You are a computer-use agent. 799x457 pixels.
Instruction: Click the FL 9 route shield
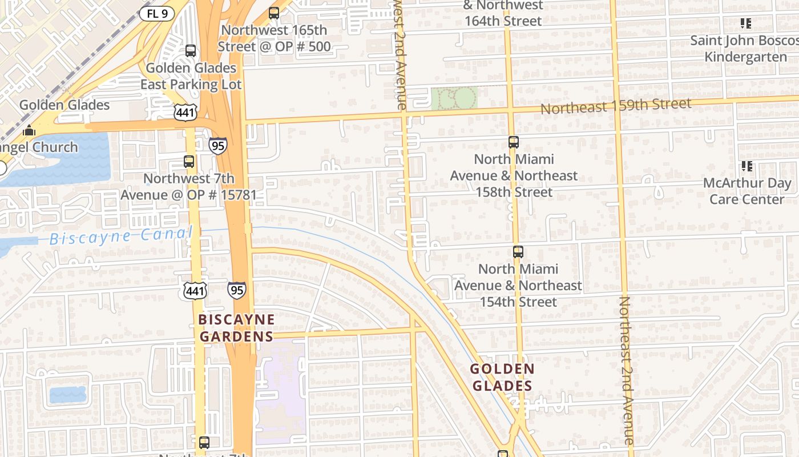[156, 13]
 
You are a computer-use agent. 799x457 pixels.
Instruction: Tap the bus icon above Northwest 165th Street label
[274, 13]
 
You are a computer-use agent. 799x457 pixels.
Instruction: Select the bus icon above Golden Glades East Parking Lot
[191, 50]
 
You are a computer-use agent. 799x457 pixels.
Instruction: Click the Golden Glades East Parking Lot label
[191, 76]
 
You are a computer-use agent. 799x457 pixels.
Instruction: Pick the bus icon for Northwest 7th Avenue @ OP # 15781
[189, 161]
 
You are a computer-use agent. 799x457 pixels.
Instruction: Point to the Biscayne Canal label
[121, 236]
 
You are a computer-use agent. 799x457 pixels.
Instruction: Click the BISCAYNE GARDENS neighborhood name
[236, 327]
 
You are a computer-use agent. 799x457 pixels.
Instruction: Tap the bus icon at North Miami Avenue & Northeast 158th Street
[514, 142]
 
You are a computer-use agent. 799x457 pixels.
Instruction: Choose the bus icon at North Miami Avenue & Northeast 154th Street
[518, 251]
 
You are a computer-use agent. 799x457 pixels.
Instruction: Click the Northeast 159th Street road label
[616, 106]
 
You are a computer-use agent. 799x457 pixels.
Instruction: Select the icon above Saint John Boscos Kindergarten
[745, 23]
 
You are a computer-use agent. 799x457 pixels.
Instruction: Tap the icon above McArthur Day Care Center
[746, 166]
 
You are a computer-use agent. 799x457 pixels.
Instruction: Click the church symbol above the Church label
[29, 131]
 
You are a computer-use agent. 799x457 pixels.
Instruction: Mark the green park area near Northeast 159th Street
[454, 98]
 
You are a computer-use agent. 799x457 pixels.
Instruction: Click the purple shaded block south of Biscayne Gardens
[280, 394]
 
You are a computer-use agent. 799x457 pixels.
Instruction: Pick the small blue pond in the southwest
[67, 394]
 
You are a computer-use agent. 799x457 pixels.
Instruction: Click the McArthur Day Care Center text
[746, 191]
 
